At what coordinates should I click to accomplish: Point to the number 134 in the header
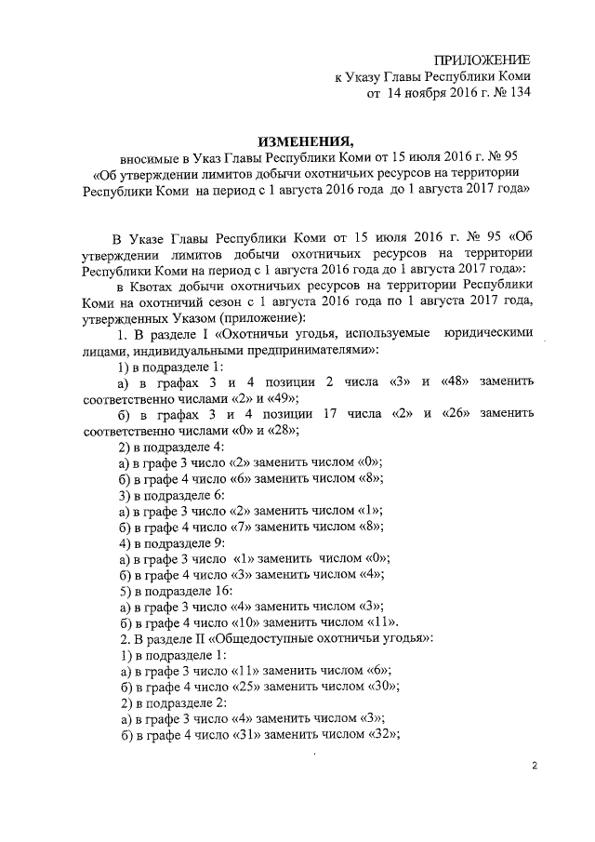point(516,93)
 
